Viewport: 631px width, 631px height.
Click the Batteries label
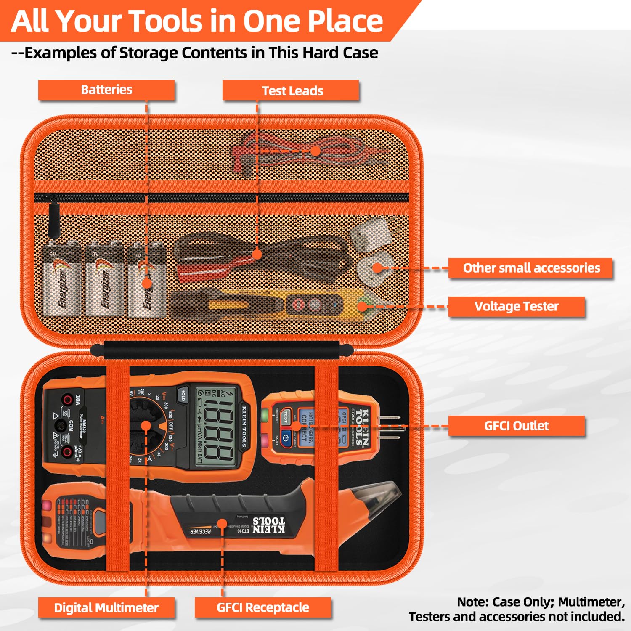[x=106, y=90]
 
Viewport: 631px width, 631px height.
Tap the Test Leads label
[x=292, y=91]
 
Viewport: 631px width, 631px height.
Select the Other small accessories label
[x=531, y=268]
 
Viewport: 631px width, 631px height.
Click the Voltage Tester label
[x=516, y=306]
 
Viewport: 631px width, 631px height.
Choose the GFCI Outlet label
[x=516, y=426]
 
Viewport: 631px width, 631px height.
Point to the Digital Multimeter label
[x=106, y=608]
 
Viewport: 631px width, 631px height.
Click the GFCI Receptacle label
[x=262, y=607]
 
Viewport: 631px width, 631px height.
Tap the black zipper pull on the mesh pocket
[x=53, y=219]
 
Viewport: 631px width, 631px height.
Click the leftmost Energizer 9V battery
[x=62, y=280]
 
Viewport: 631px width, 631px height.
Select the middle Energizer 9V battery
[x=105, y=280]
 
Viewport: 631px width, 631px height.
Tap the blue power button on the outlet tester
[x=286, y=438]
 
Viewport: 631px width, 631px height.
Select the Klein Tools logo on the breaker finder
[x=268, y=525]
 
